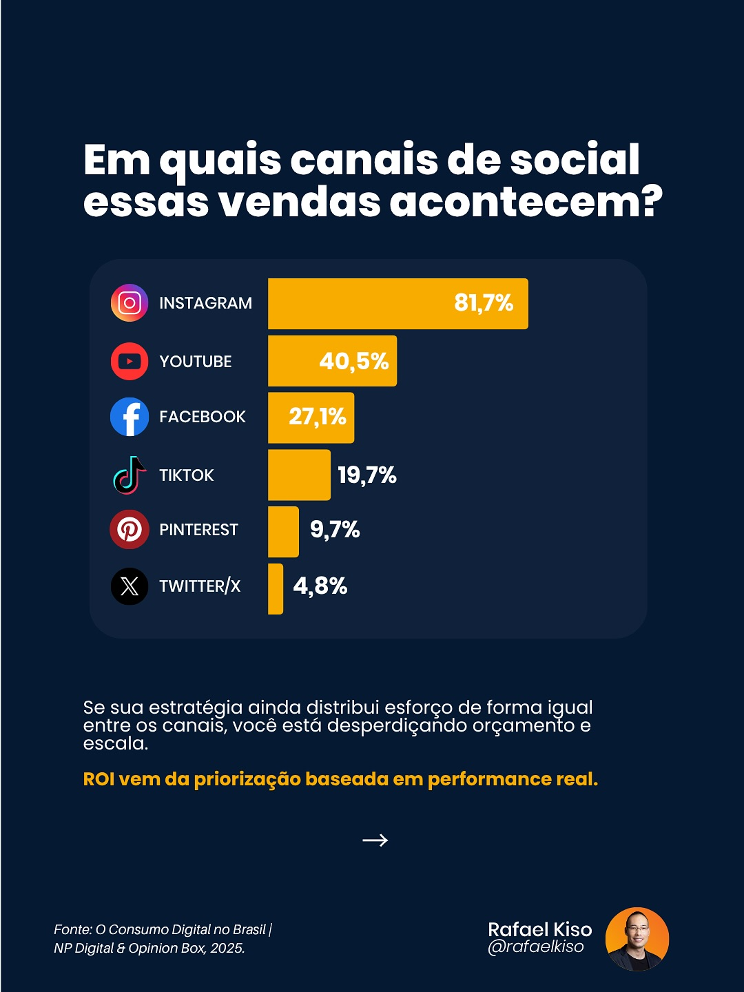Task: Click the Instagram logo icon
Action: (x=130, y=303)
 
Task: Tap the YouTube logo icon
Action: (x=130, y=361)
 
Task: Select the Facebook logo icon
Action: (x=130, y=417)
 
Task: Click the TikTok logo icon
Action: (x=130, y=475)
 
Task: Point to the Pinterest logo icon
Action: (x=130, y=530)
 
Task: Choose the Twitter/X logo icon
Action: (x=130, y=586)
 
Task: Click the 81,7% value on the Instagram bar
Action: (x=484, y=303)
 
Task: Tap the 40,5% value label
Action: (x=354, y=361)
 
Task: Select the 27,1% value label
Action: (x=318, y=417)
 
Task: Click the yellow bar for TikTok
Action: (x=299, y=475)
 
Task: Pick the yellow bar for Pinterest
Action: (x=283, y=532)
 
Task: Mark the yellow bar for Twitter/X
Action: (x=276, y=589)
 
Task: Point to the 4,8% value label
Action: (x=320, y=586)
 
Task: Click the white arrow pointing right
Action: (x=375, y=840)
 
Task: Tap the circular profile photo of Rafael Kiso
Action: (x=637, y=939)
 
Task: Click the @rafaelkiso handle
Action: (x=536, y=947)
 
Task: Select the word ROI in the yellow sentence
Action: (x=99, y=779)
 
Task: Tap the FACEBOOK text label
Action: (x=203, y=417)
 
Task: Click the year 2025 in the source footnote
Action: (x=227, y=949)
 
